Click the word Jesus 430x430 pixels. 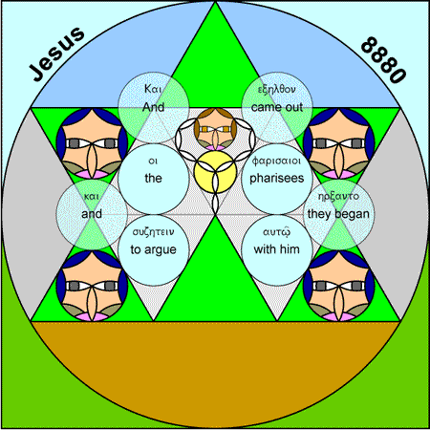click(x=57, y=54)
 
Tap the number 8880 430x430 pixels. click(x=384, y=60)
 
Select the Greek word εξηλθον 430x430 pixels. click(x=277, y=90)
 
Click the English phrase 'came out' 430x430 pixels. click(x=277, y=107)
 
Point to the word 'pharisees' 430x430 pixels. click(x=277, y=178)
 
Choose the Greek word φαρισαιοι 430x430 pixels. click(x=277, y=161)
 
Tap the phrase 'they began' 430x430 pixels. click(x=338, y=214)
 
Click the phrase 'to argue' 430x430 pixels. click(x=153, y=249)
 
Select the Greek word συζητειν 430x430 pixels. click(x=153, y=232)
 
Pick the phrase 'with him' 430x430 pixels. click(x=277, y=249)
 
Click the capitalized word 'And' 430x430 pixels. click(x=153, y=107)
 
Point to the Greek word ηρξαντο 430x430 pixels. click(x=338, y=196)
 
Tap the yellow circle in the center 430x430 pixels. click(x=215, y=172)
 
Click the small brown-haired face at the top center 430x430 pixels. click(x=215, y=129)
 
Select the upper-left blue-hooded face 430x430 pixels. click(x=92, y=143)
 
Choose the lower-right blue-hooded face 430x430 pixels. click(x=338, y=286)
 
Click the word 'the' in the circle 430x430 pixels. click(x=153, y=178)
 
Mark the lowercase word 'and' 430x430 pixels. click(x=92, y=214)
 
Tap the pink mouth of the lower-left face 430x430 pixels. click(x=92, y=316)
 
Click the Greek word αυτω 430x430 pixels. click(x=277, y=232)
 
